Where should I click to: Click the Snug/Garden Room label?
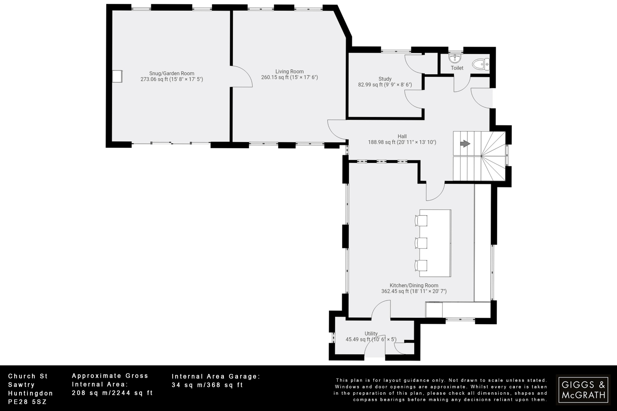point(172,73)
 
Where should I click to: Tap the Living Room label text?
point(289,71)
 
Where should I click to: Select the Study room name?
point(385,79)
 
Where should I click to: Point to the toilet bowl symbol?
point(481,64)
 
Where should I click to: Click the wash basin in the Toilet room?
point(455,58)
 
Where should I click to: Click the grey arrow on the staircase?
point(465,144)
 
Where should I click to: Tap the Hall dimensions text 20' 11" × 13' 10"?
point(417,142)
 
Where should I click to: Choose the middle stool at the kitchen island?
point(421,243)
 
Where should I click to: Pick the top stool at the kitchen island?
point(421,220)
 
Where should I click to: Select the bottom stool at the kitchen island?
point(421,265)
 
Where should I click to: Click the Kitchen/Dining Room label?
point(414,285)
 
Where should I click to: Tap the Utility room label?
point(371,333)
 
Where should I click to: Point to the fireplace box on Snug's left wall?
point(117,76)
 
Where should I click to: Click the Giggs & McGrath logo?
point(583,390)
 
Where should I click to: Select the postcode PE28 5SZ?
point(27,402)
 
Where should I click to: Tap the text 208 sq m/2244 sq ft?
point(112,393)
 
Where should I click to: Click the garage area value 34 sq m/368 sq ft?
point(207,385)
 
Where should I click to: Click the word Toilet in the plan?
point(457,68)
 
